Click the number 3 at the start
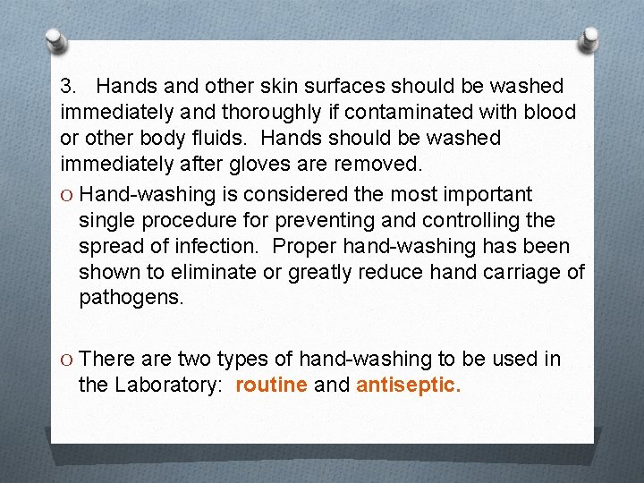click(66, 87)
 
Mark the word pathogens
click(131, 298)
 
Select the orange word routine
click(271, 386)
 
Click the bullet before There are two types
click(66, 360)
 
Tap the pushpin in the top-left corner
click(55, 40)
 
